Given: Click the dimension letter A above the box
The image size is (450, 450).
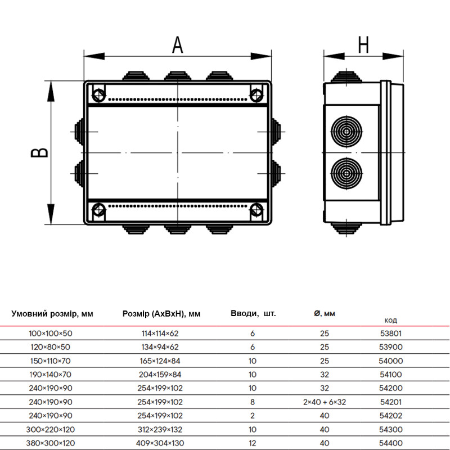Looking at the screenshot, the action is pyautogui.click(x=178, y=45).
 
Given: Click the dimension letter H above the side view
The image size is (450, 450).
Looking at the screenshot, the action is pyautogui.click(x=363, y=45).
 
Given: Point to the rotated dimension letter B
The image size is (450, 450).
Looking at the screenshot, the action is pyautogui.click(x=39, y=152).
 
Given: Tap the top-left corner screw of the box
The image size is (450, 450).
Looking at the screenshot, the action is pyautogui.click(x=99, y=94).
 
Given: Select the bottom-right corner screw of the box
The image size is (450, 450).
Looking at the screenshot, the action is pyautogui.click(x=256, y=210).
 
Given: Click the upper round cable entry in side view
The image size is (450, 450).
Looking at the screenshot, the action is pyautogui.click(x=346, y=132).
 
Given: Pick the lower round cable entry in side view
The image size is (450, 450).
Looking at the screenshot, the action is pyautogui.click(x=346, y=173).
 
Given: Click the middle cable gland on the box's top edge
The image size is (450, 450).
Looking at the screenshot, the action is pyautogui.click(x=178, y=76).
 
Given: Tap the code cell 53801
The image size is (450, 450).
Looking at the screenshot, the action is pyautogui.click(x=391, y=334).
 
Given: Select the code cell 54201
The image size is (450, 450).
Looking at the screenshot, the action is pyautogui.click(x=391, y=402).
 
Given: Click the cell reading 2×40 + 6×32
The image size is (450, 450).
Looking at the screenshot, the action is pyautogui.click(x=325, y=402).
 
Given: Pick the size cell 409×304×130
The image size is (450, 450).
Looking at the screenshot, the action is pyautogui.click(x=160, y=443).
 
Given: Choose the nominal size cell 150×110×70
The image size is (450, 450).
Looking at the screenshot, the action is pyautogui.click(x=51, y=361).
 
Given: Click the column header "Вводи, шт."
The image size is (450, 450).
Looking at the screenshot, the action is pyautogui.click(x=253, y=313).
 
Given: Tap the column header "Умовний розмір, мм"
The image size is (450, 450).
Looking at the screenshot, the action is pyautogui.click(x=52, y=314).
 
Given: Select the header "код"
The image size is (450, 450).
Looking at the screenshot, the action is pyautogui.click(x=390, y=320).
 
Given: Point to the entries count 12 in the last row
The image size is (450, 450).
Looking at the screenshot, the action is pyautogui.click(x=253, y=443).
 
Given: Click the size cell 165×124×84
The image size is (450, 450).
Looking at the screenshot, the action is pyautogui.click(x=160, y=361).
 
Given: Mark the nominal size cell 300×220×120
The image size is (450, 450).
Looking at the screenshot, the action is pyautogui.click(x=51, y=430).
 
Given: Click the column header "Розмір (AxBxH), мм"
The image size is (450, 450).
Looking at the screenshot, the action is pyautogui.click(x=161, y=314).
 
